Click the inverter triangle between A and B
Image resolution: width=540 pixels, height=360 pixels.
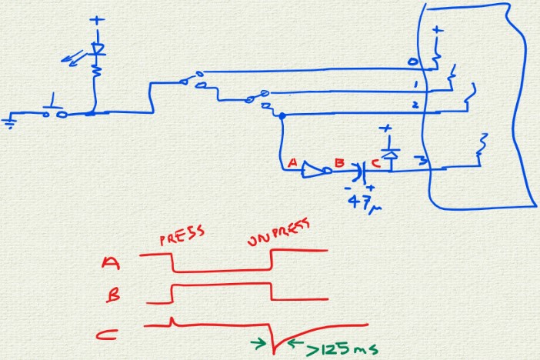[312, 168]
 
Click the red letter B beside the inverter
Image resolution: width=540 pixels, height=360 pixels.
[338, 163]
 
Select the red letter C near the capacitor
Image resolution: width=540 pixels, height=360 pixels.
[375, 162]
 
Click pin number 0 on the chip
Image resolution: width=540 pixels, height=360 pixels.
[412, 61]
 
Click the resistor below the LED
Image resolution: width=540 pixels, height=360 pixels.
[97, 73]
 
